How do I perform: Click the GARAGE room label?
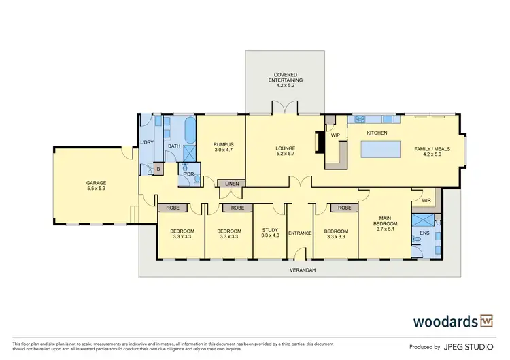(95, 183)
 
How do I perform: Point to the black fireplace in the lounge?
(316, 142)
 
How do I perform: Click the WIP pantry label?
(335, 135)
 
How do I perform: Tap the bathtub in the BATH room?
(189, 128)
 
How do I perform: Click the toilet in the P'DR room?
(183, 180)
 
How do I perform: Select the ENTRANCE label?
(300, 233)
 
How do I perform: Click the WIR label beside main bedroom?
(426, 201)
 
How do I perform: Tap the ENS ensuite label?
(424, 233)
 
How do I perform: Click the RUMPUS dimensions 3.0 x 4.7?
(223, 149)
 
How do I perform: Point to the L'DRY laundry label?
(148, 142)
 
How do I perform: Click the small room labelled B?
(158, 169)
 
